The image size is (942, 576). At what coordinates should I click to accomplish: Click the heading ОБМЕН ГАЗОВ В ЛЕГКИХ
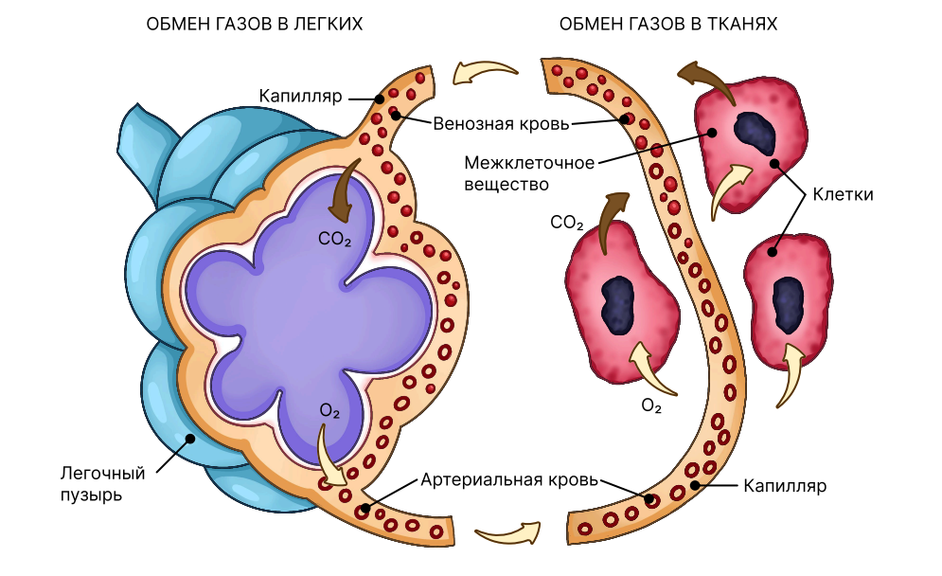pyautogui.click(x=254, y=24)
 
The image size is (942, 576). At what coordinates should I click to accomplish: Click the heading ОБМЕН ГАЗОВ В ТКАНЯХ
pyautogui.click(x=668, y=24)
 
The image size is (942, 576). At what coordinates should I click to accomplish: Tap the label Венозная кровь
pyautogui.click(x=501, y=124)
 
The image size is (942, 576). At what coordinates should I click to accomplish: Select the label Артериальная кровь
pyautogui.click(x=509, y=479)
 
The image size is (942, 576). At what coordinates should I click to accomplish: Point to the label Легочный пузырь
pyautogui.click(x=103, y=484)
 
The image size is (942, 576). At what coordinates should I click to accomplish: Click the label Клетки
pyautogui.click(x=843, y=194)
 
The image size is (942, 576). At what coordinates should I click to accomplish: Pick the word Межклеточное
pyautogui.click(x=529, y=163)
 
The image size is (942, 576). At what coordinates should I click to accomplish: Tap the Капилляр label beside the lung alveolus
pyautogui.click(x=300, y=97)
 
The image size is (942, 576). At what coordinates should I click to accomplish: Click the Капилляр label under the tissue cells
pyautogui.click(x=785, y=485)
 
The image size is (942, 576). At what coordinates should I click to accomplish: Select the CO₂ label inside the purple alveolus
pyautogui.click(x=334, y=240)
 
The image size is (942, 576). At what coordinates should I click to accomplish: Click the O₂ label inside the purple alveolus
pyautogui.click(x=329, y=410)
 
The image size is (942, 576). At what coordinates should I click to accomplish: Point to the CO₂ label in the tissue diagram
pyautogui.click(x=566, y=223)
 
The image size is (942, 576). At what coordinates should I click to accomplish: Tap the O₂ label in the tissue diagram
pyautogui.click(x=651, y=405)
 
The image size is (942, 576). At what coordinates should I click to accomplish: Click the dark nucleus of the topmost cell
pyautogui.click(x=755, y=133)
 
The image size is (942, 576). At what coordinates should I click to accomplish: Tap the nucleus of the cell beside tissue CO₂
pyautogui.click(x=618, y=304)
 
